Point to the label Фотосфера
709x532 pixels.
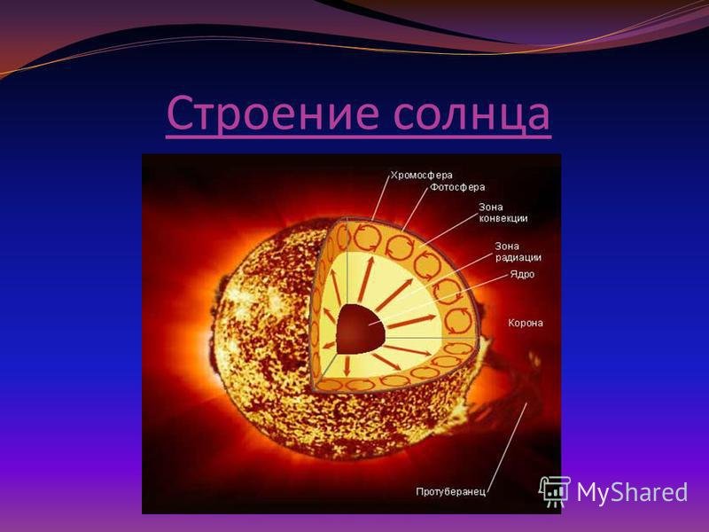coord(457,187)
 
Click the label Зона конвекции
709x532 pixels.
coord(503,213)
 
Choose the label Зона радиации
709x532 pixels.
coord(518,252)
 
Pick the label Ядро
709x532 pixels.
coord(522,274)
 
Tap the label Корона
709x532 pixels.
coord(526,323)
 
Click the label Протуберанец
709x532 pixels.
coord(450,492)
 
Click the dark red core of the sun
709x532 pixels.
coord(360,329)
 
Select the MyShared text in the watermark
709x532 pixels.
coord(632,492)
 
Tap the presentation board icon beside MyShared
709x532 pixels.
coord(555,491)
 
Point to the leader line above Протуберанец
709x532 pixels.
coord(507,445)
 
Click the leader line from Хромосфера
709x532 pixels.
coord(381,198)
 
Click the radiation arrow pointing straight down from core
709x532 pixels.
coord(347,364)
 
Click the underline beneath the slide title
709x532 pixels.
coord(359,136)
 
